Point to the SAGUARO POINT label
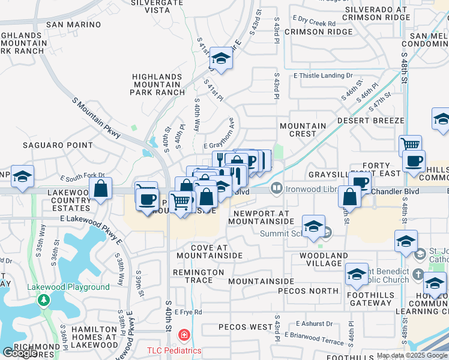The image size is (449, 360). pyautogui.click(x=58, y=145)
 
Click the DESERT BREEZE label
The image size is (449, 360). pyautogui.click(x=370, y=121)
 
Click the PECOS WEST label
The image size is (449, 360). pyautogui.click(x=245, y=327)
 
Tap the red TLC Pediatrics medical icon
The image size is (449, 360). pyautogui.click(x=184, y=335)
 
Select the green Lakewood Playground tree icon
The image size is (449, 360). pyautogui.click(x=43, y=299)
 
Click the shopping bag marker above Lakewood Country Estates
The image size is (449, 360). pyautogui.click(x=101, y=188)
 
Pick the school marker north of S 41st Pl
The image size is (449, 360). pyautogui.click(x=221, y=58)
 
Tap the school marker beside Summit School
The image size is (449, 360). pyautogui.click(x=313, y=226)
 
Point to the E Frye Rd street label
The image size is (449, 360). pyautogui.click(x=189, y=313)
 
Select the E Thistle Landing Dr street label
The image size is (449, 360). pyautogui.click(x=322, y=76)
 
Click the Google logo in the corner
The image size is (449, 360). pyautogui.click(x=20, y=353)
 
